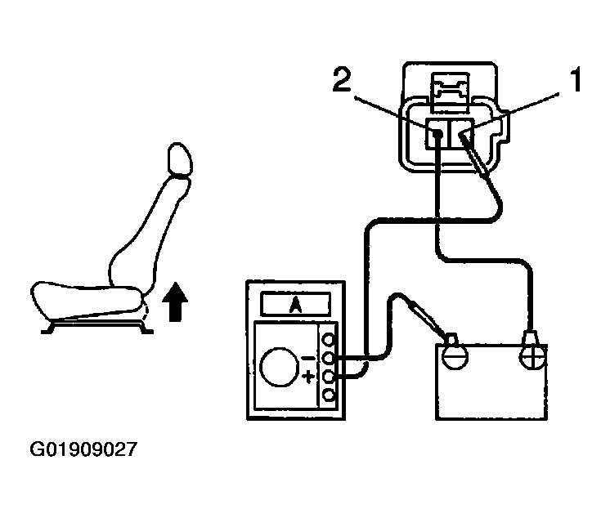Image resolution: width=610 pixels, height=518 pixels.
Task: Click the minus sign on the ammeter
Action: tap(307, 357)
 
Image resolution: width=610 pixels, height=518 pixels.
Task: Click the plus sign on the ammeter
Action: tap(307, 377)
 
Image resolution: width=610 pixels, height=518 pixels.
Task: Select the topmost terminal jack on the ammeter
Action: tap(329, 339)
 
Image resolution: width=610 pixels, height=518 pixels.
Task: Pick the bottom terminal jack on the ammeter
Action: tap(329, 395)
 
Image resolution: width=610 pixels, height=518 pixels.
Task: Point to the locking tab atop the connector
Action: tap(449, 90)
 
